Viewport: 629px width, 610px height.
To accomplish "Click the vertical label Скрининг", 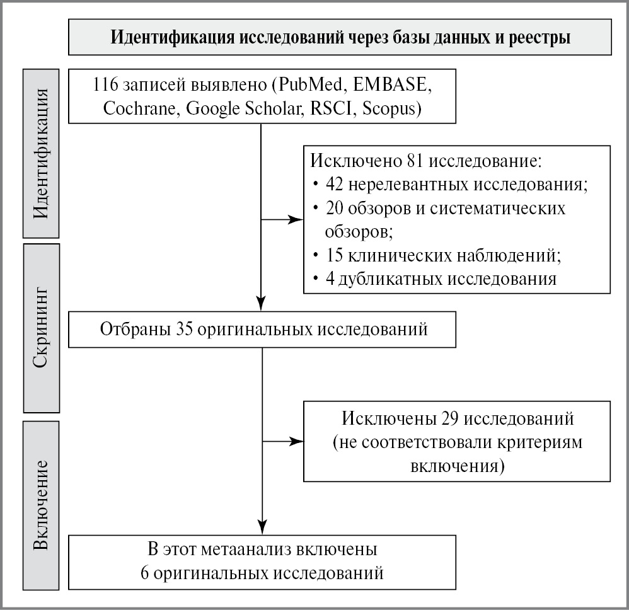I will [x=42, y=327].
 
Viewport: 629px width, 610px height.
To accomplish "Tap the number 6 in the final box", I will [x=146, y=573].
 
